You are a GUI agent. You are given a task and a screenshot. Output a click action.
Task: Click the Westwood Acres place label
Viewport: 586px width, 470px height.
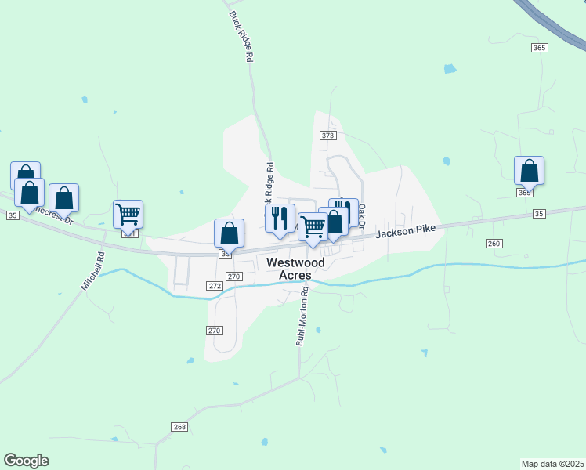(289, 269)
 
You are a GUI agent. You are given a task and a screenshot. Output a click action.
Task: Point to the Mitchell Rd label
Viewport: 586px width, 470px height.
(92, 271)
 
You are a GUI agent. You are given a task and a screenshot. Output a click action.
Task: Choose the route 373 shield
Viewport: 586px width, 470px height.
(327, 136)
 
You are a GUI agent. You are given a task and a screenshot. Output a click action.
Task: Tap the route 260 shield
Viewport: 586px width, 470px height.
(493, 244)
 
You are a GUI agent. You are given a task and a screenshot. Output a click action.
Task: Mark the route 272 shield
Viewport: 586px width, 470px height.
(215, 286)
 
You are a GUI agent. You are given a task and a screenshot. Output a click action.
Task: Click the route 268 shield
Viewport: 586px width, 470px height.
(179, 426)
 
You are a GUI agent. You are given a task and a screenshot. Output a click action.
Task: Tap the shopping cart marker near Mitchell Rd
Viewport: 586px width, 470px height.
(128, 213)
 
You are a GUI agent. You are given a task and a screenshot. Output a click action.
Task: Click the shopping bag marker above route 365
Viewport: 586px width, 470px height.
(529, 169)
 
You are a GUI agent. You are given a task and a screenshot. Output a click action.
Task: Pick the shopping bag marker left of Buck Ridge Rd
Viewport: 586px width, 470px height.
(229, 232)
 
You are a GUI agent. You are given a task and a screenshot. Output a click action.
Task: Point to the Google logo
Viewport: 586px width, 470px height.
(26, 461)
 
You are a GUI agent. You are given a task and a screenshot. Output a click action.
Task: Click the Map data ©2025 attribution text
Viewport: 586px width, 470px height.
(552, 464)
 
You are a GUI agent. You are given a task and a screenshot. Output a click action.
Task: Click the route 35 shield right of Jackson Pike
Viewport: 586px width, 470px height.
(538, 213)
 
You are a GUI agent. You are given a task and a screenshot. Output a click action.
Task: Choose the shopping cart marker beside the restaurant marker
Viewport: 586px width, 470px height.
(313, 226)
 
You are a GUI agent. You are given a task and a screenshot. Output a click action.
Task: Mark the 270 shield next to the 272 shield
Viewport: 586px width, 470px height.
(233, 277)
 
